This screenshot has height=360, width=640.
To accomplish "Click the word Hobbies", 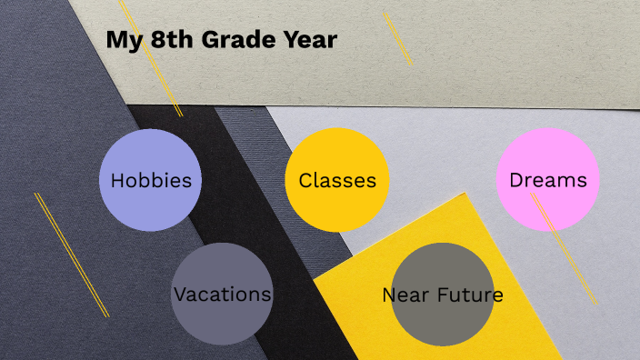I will click(x=151, y=180).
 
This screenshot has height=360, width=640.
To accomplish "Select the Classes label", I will click(x=337, y=180).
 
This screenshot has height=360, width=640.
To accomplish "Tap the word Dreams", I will click(x=548, y=180).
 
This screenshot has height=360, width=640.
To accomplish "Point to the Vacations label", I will click(x=222, y=295).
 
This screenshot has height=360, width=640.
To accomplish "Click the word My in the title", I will click(x=120, y=40).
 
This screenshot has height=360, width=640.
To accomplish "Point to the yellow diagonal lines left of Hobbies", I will click(x=71, y=255).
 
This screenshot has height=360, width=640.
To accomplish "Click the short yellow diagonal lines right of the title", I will click(x=397, y=38).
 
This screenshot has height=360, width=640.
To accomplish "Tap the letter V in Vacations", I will click(x=179, y=295).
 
